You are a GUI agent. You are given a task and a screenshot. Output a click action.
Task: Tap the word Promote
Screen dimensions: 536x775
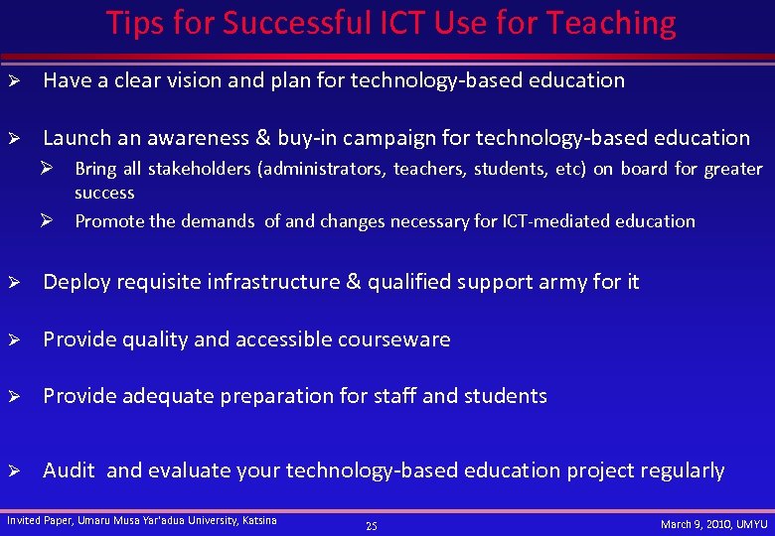pos(109,220)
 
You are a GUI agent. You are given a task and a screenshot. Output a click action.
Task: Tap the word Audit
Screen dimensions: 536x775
pos(69,470)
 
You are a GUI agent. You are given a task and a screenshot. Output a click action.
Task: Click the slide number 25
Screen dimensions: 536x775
pos(371,525)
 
